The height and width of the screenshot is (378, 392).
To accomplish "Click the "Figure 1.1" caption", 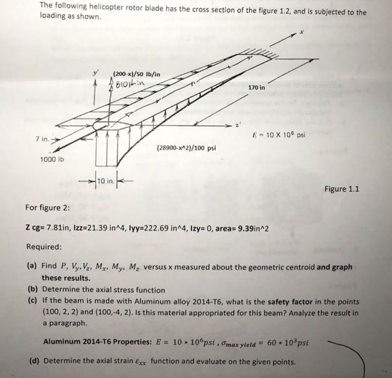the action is click(341, 189).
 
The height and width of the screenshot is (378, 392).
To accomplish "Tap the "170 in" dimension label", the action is click(257, 88).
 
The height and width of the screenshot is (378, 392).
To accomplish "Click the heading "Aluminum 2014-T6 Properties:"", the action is click(89, 342).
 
